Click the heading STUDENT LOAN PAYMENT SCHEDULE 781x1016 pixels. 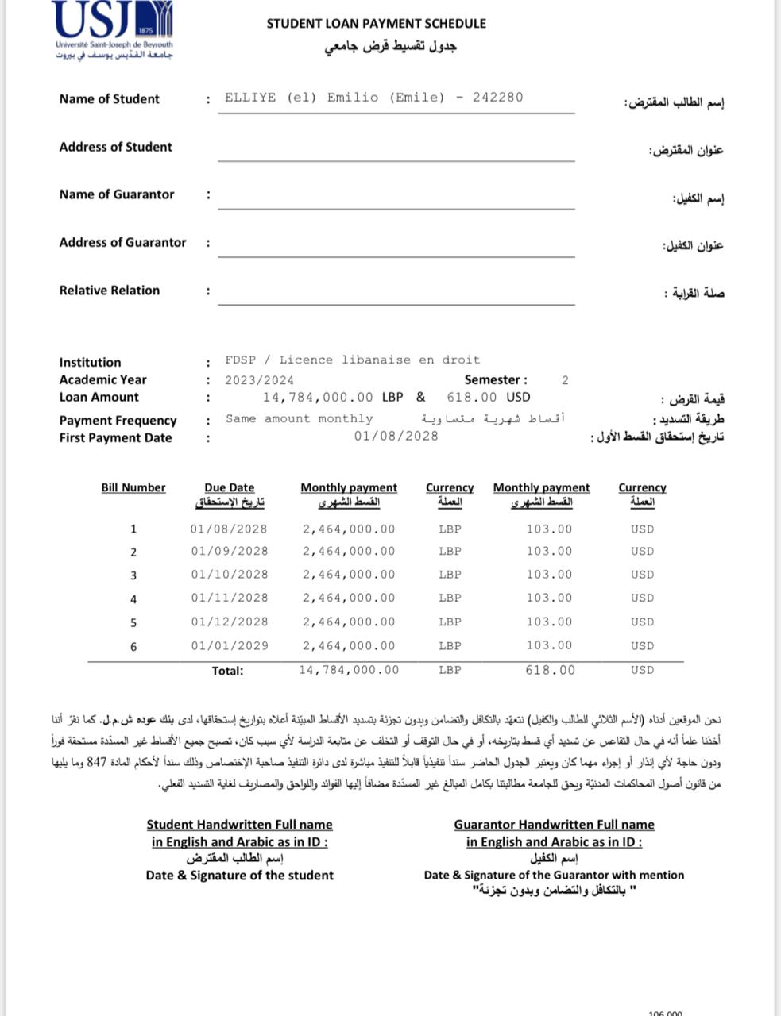click(x=376, y=24)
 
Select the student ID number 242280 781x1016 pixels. click(x=497, y=98)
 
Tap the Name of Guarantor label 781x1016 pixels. click(x=116, y=194)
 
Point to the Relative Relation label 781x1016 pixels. click(x=109, y=291)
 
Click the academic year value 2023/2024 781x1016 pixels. click(x=259, y=380)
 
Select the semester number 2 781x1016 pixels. click(x=565, y=380)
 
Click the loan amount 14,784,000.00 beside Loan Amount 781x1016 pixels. click(x=318, y=397)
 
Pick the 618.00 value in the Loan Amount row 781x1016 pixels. click(x=472, y=397)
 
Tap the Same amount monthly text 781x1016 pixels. click(x=299, y=418)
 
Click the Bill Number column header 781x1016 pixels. click(x=133, y=487)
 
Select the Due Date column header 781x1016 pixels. click(x=229, y=488)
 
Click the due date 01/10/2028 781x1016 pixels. click(x=229, y=575)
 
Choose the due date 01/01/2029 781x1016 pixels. click(x=229, y=646)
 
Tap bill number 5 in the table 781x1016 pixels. click(x=133, y=623)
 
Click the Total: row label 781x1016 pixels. click(x=227, y=671)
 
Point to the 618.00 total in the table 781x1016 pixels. click(x=550, y=670)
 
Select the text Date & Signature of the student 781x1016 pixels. click(x=239, y=876)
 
